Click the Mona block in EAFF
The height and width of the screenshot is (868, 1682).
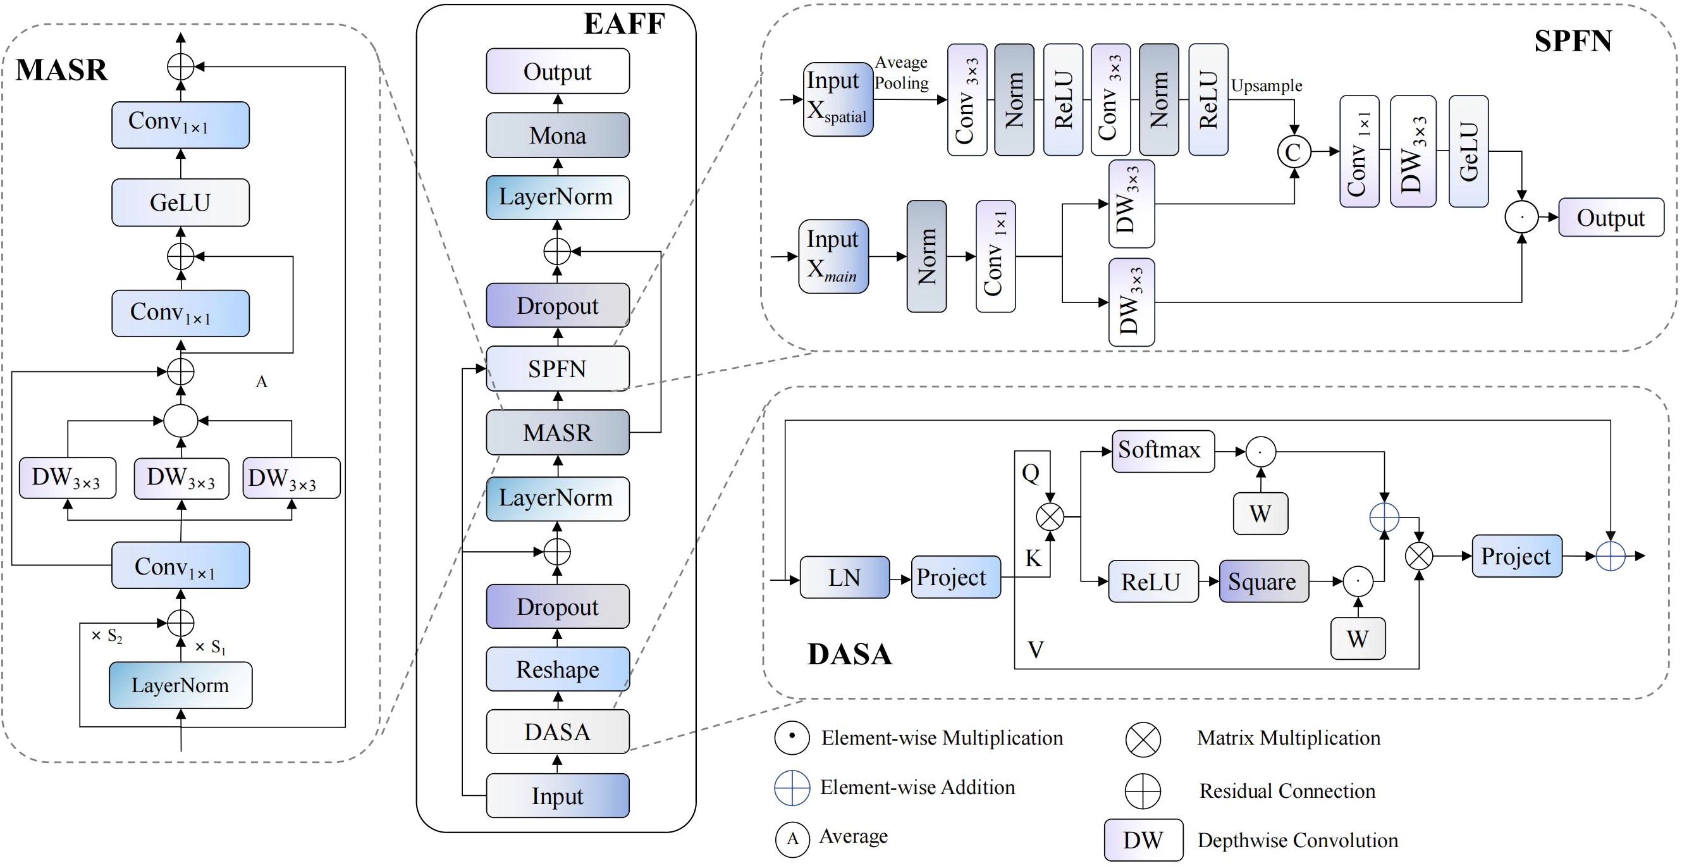(558, 135)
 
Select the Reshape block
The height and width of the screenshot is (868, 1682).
(558, 669)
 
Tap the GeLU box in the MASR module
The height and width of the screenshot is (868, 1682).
(180, 202)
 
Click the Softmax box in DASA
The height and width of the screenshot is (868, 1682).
(1163, 450)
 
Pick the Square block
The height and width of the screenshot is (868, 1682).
(1263, 581)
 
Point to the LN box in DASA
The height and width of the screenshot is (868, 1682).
(844, 578)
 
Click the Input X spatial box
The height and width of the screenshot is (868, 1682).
(838, 99)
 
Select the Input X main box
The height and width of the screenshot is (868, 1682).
(833, 257)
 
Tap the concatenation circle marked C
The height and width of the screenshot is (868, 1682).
(1294, 152)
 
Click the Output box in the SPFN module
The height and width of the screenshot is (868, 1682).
(1610, 218)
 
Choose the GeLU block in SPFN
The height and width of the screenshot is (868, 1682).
(1468, 152)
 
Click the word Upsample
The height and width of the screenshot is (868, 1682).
(1266, 85)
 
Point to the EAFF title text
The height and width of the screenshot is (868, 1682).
(623, 24)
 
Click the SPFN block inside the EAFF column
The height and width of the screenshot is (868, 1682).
(558, 369)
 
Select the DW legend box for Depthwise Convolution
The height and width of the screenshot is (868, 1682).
(1143, 840)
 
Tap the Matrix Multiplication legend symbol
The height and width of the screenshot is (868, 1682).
(1143, 740)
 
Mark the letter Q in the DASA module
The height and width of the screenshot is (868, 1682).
(1030, 473)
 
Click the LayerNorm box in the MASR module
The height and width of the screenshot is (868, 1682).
(180, 685)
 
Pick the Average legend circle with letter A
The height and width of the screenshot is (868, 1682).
(793, 839)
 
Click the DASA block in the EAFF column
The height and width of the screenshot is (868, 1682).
(558, 731)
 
